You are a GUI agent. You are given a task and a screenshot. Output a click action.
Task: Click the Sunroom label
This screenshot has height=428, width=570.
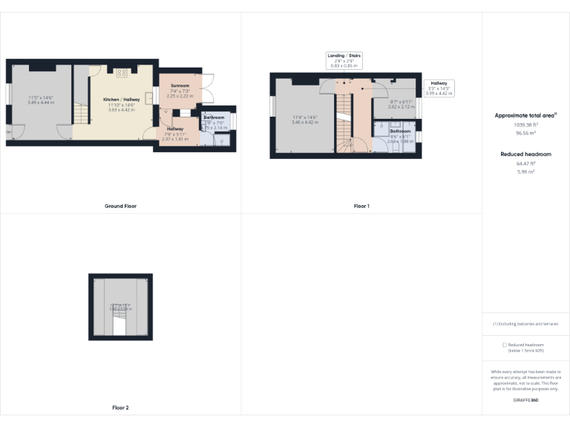click(180, 86)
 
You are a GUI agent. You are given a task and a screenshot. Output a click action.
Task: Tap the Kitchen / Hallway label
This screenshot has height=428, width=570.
click(122, 100)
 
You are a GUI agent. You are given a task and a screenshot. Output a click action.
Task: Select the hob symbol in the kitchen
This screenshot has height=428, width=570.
click(121, 73)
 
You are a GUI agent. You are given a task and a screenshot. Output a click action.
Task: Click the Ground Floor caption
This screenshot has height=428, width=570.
click(120, 206)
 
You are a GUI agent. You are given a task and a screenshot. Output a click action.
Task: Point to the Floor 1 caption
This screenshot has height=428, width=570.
click(361, 206)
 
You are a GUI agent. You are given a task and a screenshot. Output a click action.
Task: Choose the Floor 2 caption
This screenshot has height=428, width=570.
click(120, 407)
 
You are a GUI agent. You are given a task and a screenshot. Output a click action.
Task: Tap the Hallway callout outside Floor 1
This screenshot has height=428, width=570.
click(439, 88)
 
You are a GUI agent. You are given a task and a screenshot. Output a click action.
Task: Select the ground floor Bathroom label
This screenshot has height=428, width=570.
click(214, 117)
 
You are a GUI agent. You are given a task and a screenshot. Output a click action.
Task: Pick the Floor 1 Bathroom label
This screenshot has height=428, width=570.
click(400, 131)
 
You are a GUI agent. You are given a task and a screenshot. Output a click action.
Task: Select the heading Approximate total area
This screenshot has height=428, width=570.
click(525, 115)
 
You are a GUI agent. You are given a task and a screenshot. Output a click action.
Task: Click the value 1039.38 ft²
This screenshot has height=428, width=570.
click(525, 126)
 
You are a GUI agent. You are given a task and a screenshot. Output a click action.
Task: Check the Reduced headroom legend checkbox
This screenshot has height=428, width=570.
click(505, 345)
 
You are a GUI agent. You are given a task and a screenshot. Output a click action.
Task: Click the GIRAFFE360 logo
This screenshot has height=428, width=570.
click(525, 401)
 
